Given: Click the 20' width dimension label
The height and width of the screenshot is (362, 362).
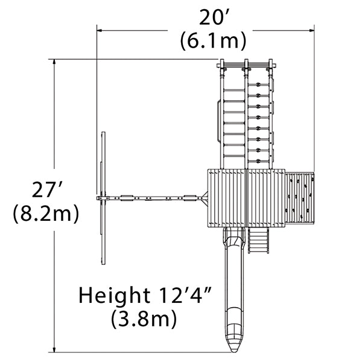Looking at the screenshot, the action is [214, 17].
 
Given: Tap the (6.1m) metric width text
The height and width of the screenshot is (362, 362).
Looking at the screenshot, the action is [213, 41].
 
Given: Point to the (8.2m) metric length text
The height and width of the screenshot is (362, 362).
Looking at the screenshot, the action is [46, 214].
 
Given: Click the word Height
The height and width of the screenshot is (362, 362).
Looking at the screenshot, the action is [114, 295].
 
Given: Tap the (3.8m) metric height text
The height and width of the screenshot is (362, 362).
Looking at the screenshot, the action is [144, 319].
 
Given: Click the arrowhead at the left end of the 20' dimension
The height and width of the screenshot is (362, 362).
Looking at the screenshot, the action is [100, 30].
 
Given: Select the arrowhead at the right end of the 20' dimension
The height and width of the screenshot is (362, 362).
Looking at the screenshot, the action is [312, 30].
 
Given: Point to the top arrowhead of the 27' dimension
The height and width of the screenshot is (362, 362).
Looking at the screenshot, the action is [54, 62].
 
